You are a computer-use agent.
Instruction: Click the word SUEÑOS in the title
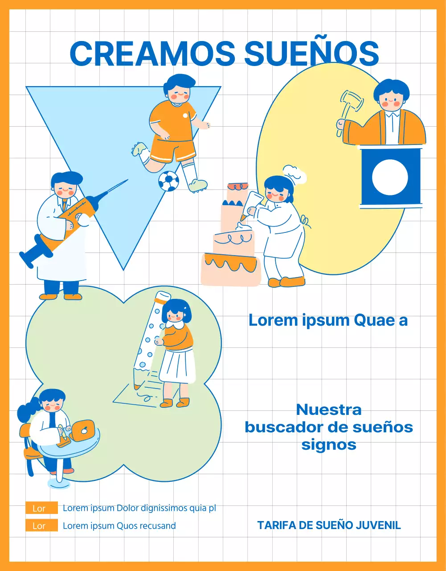pos(311,53)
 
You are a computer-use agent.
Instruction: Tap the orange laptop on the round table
pos(83,430)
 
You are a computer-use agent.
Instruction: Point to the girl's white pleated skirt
pos(177,366)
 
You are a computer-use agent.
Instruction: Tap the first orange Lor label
pos(41,508)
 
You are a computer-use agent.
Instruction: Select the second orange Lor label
pos(41,525)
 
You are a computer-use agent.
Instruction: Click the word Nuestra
pos(329,410)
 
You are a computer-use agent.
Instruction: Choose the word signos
pos(329,444)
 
